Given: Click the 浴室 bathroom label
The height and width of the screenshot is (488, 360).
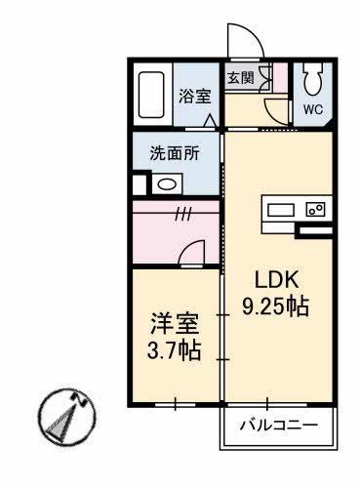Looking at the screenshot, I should click(x=194, y=96).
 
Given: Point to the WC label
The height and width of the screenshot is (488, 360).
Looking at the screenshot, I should click(x=313, y=109).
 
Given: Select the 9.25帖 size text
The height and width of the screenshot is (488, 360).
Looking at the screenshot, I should click(x=275, y=305).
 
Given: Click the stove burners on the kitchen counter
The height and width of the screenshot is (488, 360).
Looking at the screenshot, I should click(x=316, y=208).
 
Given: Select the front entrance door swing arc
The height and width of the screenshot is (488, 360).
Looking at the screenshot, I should click(x=240, y=40).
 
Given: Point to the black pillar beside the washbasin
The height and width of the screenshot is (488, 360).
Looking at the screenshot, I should click(x=139, y=183).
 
